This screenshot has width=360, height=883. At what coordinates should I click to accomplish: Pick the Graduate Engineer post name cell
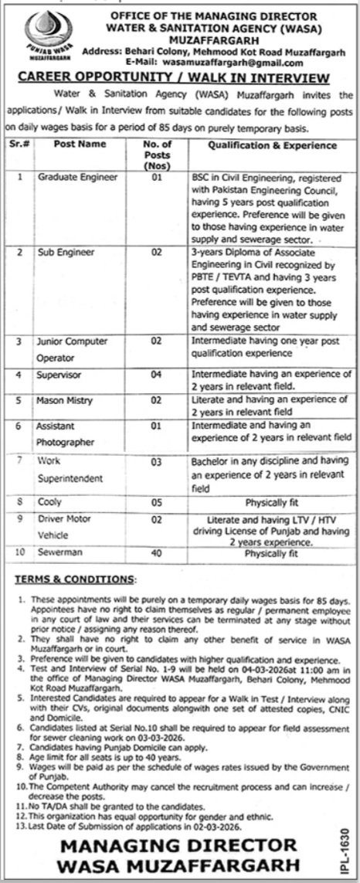(x=78, y=177)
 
